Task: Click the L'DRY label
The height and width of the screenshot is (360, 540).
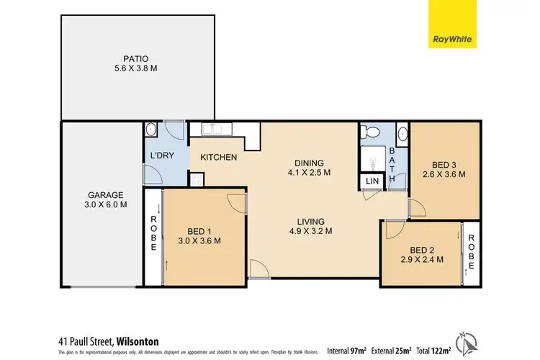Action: [x=160, y=156]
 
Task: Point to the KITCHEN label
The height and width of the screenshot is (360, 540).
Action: [x=219, y=157]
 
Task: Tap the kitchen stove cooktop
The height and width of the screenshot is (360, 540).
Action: [x=195, y=180]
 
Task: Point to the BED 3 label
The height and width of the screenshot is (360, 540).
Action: [x=444, y=168]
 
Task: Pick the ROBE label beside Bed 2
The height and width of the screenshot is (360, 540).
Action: [x=472, y=253]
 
